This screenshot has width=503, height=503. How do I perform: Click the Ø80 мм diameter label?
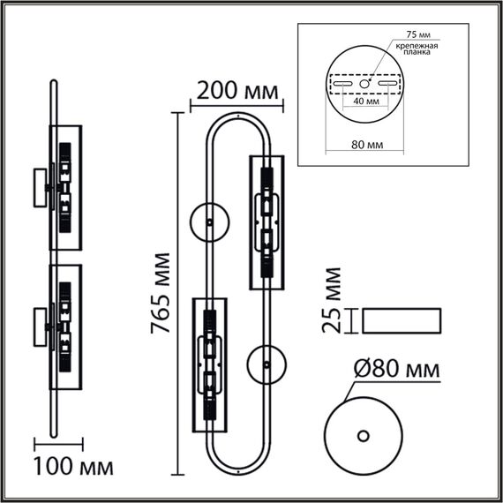pyautogui.click(x=397, y=370)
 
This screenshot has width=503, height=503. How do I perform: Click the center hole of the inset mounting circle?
pyautogui.click(x=365, y=84)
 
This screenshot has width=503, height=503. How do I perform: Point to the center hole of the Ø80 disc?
pyautogui.click(x=364, y=436)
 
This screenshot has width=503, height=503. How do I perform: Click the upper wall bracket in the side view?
pyautogui.click(x=41, y=187)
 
